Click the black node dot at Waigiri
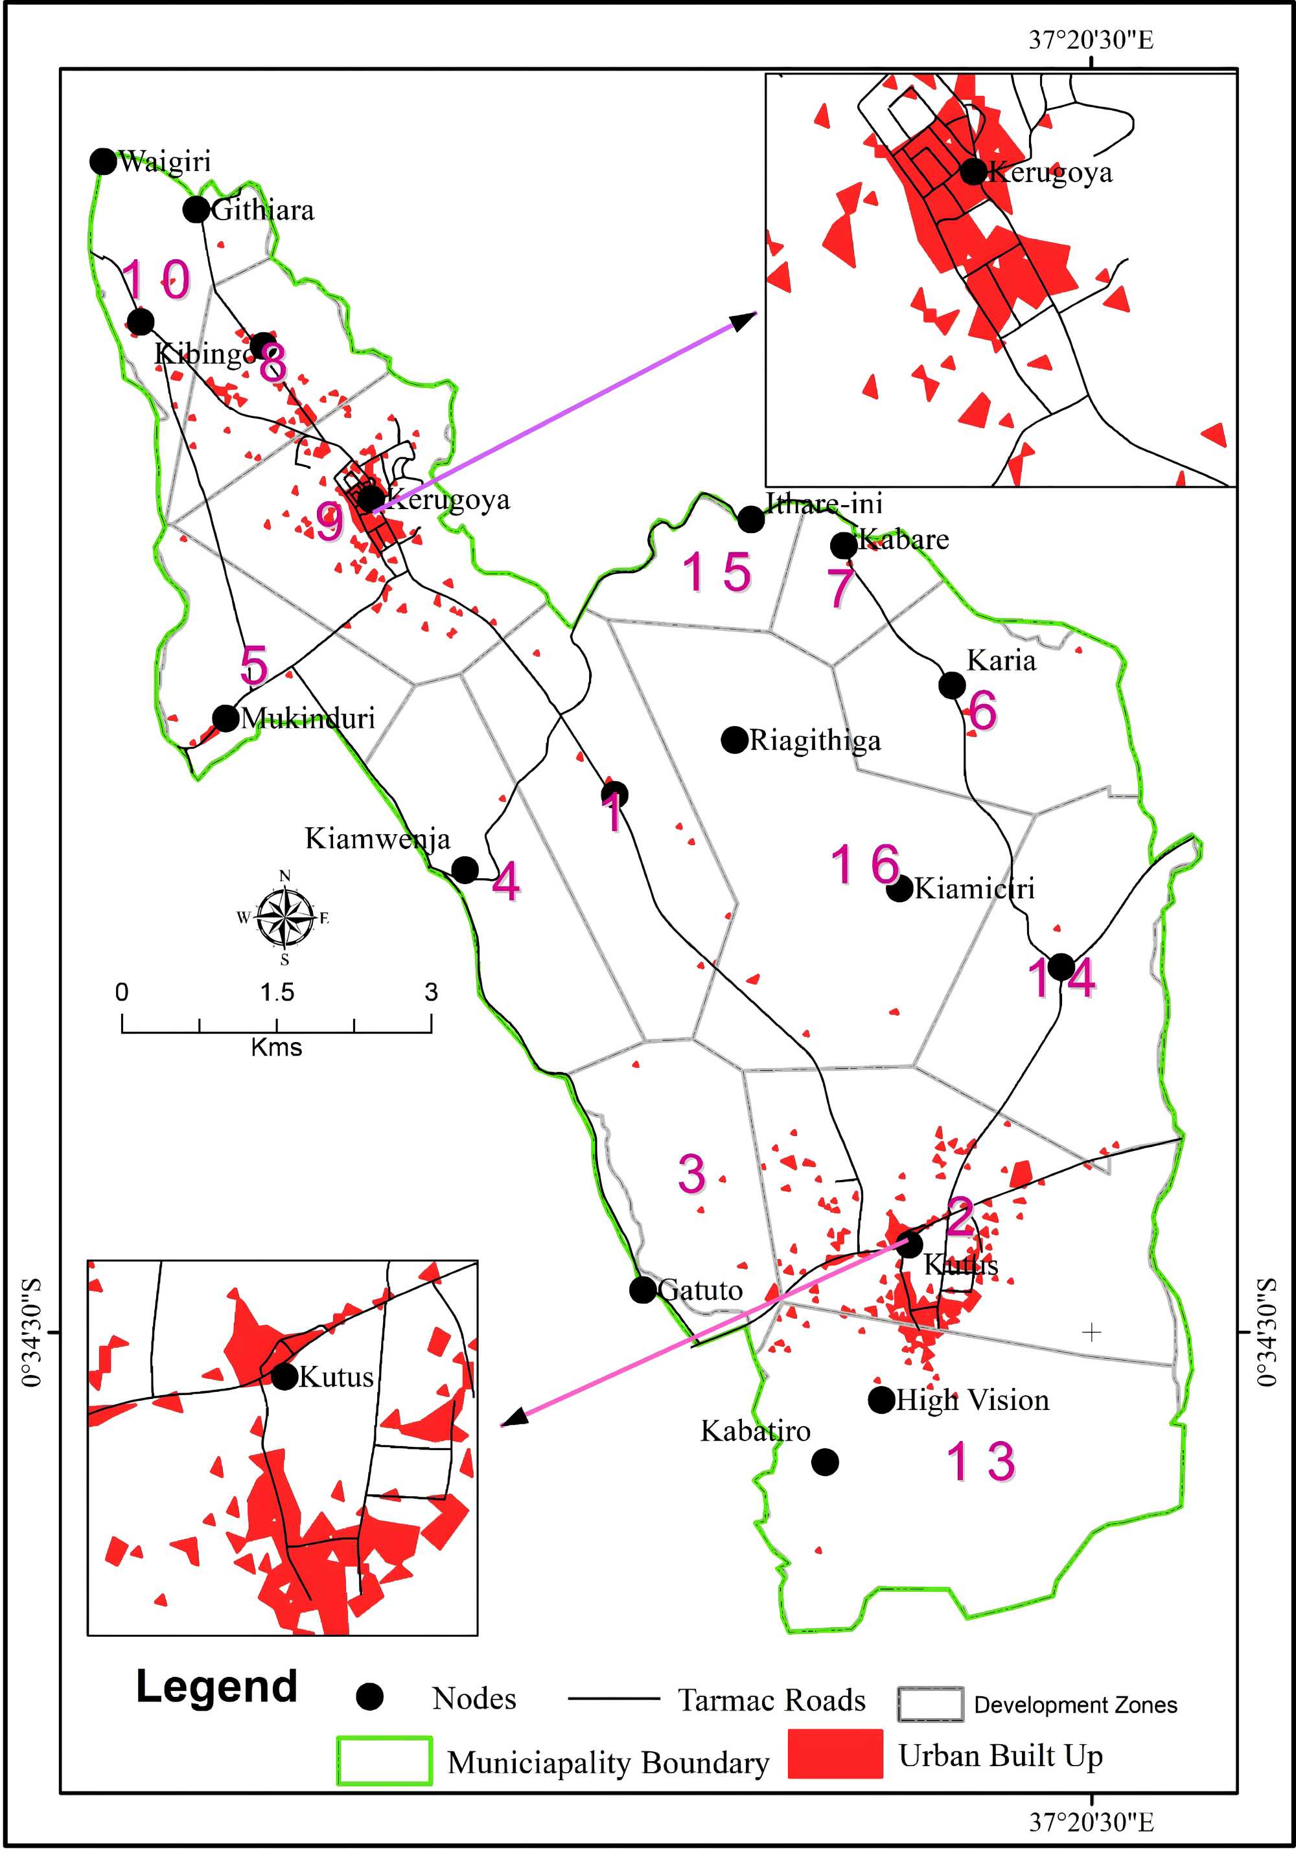(102, 161)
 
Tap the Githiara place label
(262, 210)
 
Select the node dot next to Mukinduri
(226, 718)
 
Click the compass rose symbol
(284, 917)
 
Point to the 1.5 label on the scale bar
(277, 993)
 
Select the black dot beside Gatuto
(643, 1289)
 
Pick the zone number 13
(980, 1462)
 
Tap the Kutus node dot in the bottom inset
(284, 1376)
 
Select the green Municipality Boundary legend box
(384, 1760)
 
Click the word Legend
(216, 1686)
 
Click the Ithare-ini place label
(824, 504)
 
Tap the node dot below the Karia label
(952, 685)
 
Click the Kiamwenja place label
(377, 839)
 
